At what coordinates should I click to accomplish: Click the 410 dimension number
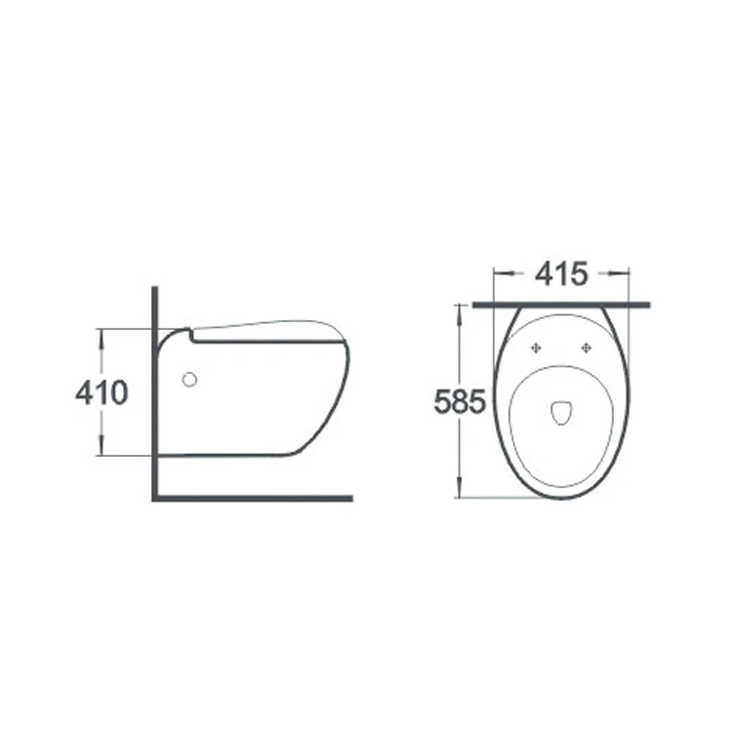coord(102,392)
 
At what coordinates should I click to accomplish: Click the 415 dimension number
coord(561,274)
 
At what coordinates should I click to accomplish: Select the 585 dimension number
coord(459,401)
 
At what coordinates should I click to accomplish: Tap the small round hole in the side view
coord(188,379)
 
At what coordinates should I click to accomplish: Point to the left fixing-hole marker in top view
coord(536,347)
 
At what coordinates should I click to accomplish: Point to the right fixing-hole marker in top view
coord(587,347)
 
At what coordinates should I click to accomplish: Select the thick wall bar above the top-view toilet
coord(561,305)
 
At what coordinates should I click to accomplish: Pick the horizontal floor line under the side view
coord(254,498)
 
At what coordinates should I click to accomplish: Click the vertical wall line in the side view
coord(154,390)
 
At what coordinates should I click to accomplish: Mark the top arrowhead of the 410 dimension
coord(101,333)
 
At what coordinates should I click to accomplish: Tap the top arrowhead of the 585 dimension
coord(458,308)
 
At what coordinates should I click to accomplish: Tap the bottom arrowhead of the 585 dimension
coord(458,493)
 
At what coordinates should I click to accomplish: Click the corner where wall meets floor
coord(155,498)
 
